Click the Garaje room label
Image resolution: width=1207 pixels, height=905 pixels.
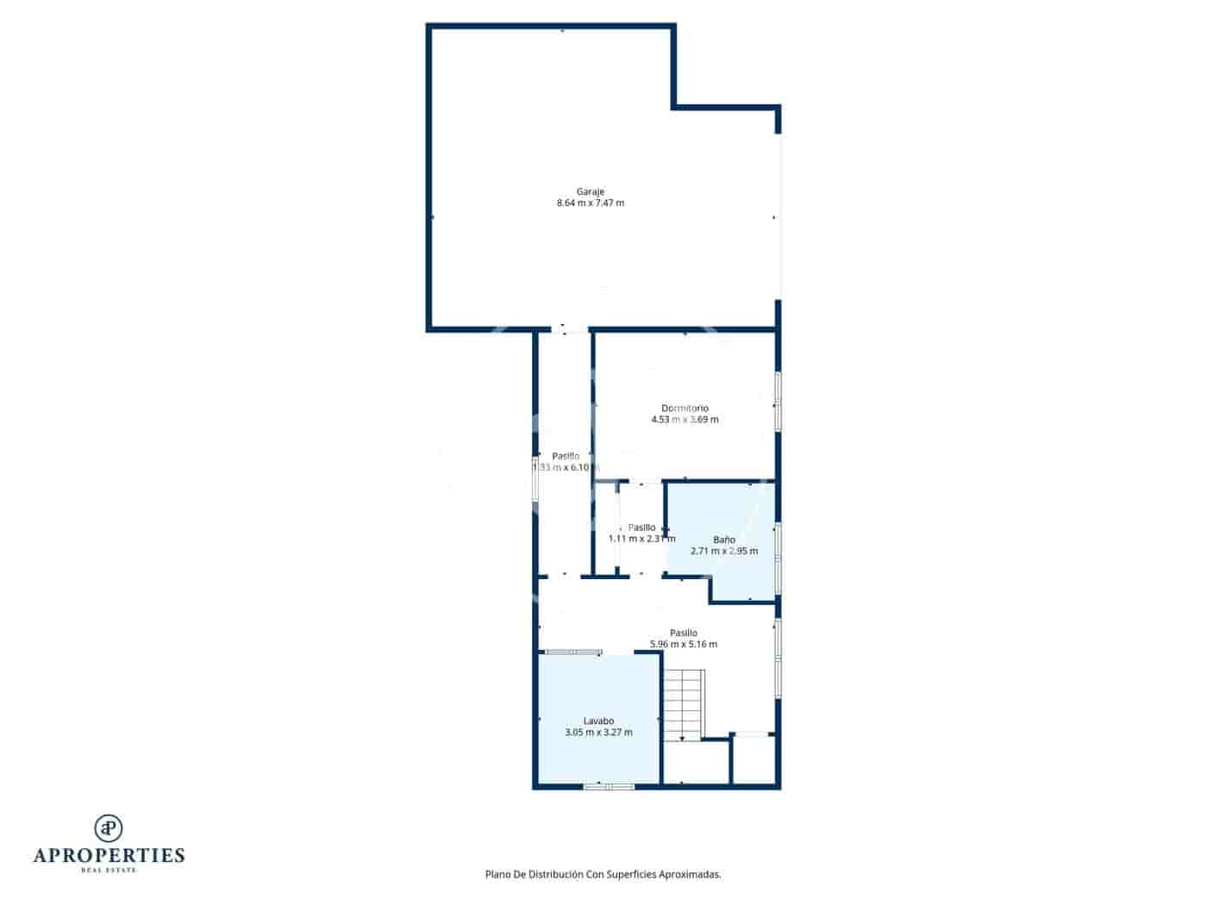coord(591,191)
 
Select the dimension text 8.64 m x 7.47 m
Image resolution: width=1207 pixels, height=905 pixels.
coord(591,203)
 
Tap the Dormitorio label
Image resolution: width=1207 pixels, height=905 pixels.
coord(685,408)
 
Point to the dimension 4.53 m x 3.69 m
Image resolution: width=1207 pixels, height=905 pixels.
coord(685,420)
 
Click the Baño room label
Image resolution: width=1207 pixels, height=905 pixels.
coord(724,540)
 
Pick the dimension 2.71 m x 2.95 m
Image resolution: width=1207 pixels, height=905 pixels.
coord(724,551)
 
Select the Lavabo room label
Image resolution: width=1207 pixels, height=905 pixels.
coord(598,721)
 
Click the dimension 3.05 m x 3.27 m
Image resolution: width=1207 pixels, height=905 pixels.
coord(598,733)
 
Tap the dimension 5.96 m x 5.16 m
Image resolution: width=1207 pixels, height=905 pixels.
coord(683,644)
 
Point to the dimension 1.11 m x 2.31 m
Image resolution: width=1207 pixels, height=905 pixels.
coord(641,539)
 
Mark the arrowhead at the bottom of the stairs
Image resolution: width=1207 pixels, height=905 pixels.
coord(682,738)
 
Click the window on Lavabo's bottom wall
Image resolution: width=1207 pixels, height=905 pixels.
coord(609,786)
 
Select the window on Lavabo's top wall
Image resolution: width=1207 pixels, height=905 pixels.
coord(574,652)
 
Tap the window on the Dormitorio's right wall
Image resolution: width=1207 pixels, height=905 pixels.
coord(778,401)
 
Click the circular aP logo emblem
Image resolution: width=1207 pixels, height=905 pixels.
coord(109,827)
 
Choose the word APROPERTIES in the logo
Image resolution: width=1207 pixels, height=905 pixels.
coord(109,856)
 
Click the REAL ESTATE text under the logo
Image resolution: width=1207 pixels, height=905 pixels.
coord(109,871)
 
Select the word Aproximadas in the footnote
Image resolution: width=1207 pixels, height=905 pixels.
coord(689,874)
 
